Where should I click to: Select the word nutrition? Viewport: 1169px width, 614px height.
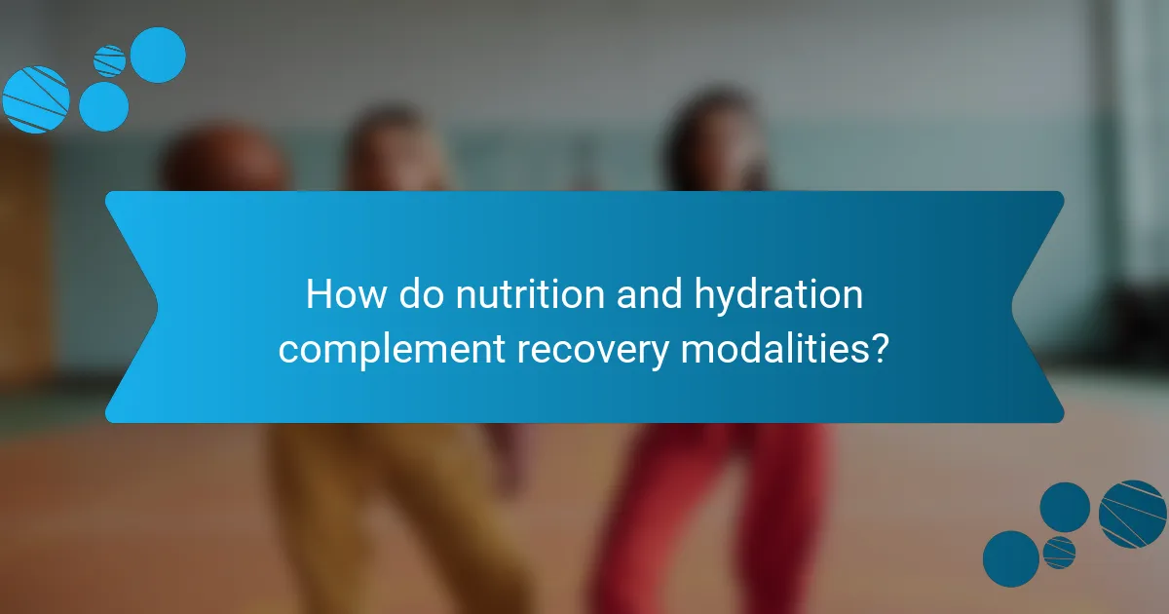(x=507, y=294)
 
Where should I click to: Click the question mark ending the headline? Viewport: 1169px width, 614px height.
(x=879, y=347)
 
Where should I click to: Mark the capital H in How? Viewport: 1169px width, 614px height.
(x=317, y=294)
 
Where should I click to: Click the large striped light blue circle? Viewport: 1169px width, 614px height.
(x=36, y=98)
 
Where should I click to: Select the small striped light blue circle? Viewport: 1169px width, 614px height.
(x=110, y=60)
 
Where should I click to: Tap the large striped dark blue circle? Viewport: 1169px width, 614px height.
(x=1132, y=514)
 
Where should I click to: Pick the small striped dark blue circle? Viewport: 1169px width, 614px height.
(x=1059, y=552)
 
